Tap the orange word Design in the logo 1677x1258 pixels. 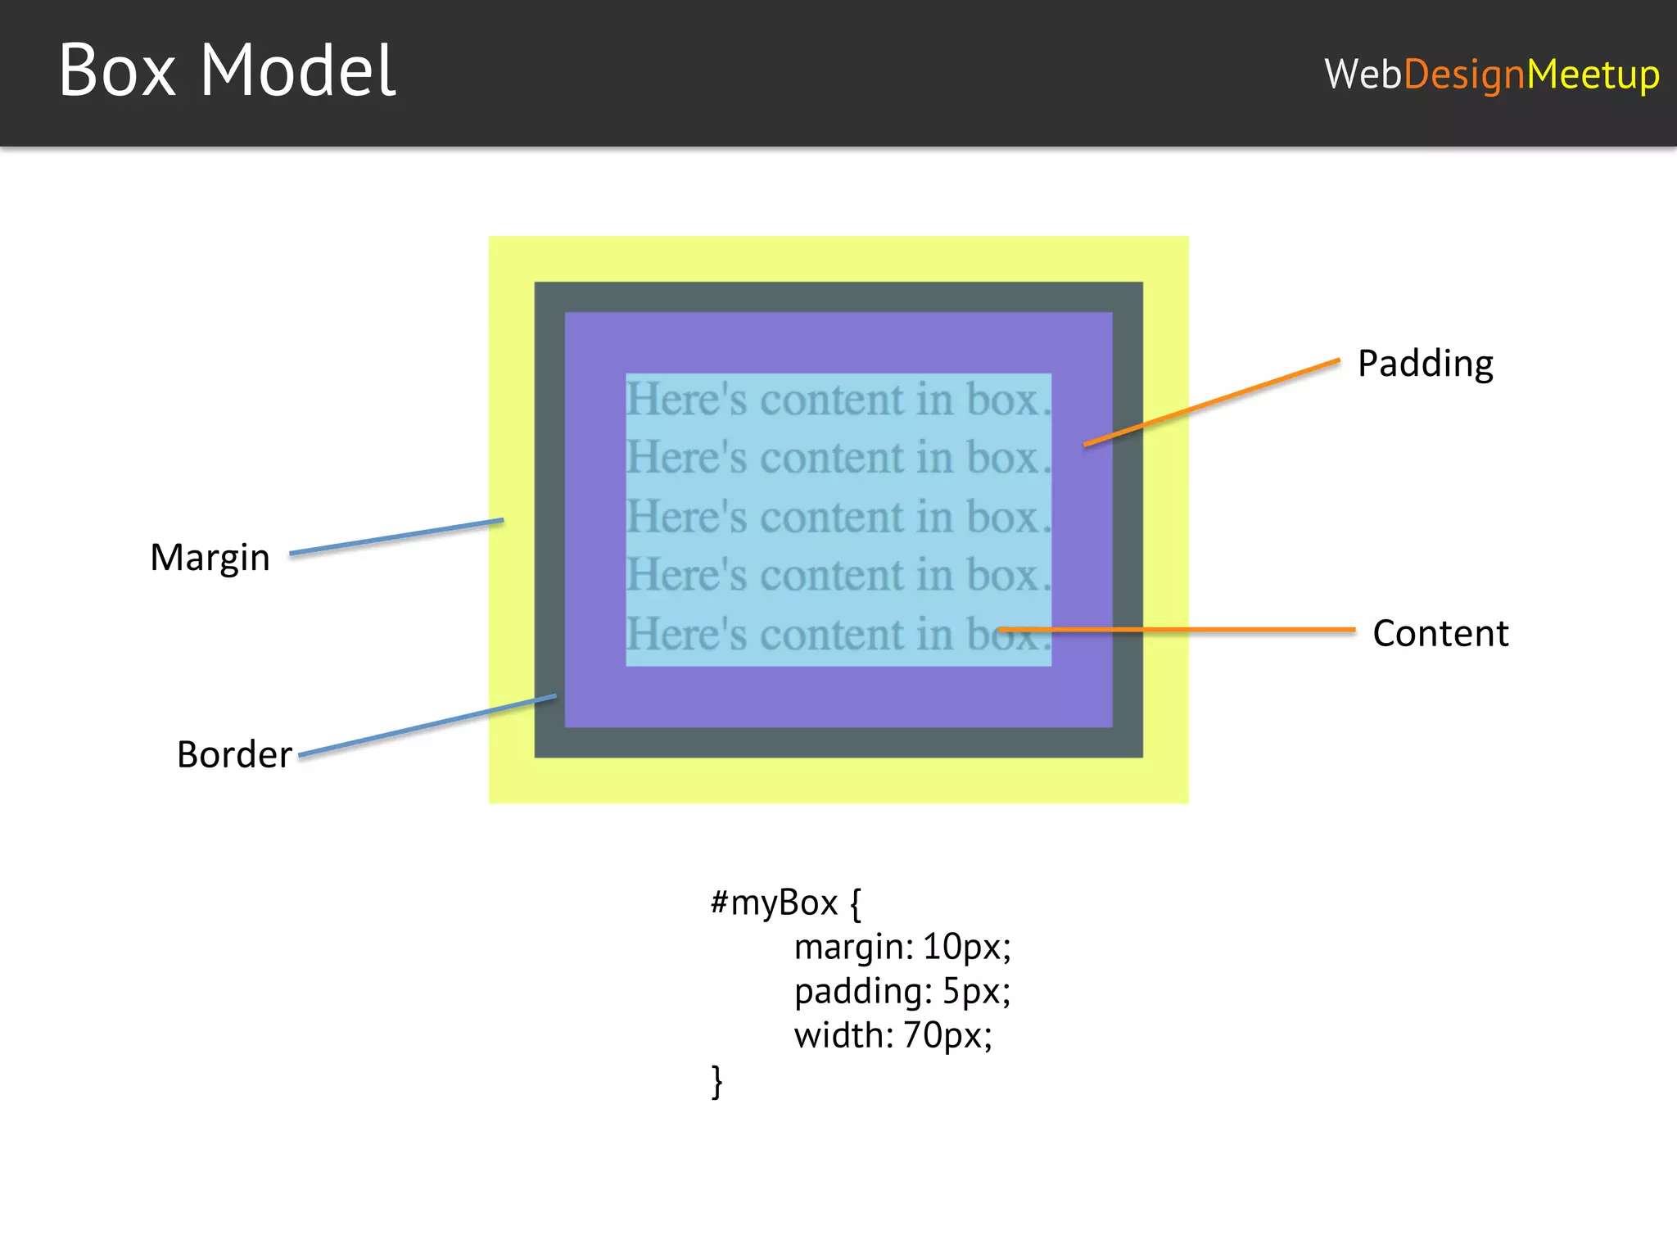coord(1464,75)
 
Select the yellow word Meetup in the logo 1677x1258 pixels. coord(1593,75)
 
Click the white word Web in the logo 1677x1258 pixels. coord(1363,75)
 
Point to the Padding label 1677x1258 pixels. coord(1425,364)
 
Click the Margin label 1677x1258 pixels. coord(210,558)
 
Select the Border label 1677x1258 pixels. coord(234,754)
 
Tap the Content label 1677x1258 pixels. coord(1440,633)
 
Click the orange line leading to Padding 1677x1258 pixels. coord(1212,402)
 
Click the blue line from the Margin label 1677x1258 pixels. coord(397,536)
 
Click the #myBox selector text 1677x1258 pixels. coord(774,903)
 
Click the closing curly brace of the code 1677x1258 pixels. coord(717,1081)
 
